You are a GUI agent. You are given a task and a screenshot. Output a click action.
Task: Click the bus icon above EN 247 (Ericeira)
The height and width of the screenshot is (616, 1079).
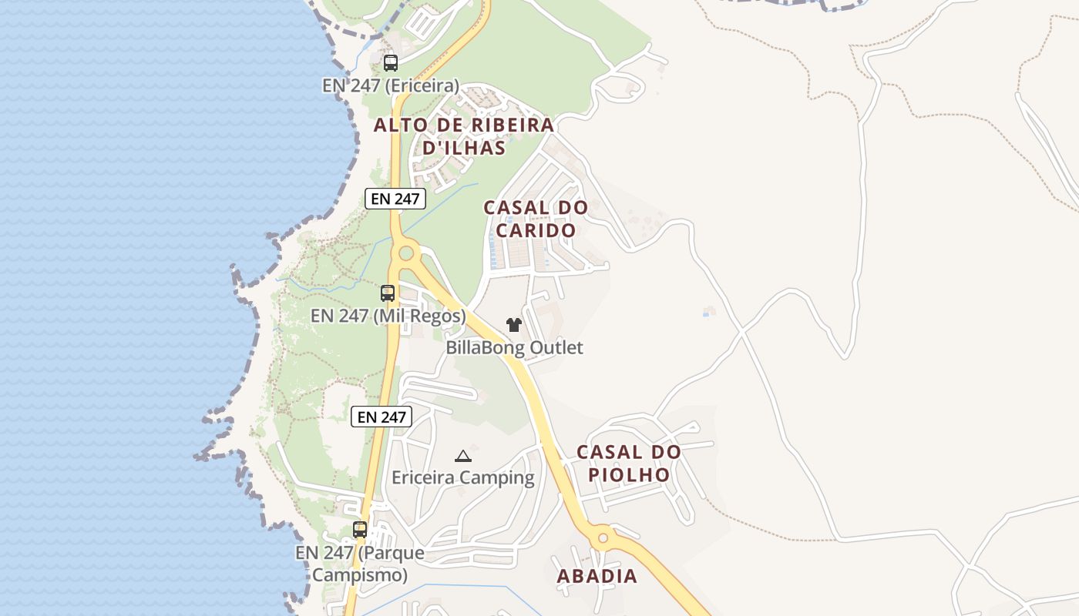(391, 63)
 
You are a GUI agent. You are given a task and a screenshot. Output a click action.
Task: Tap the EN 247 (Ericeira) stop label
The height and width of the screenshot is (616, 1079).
(391, 85)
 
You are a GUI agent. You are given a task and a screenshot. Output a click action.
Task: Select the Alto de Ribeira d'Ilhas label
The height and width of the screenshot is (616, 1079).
(464, 136)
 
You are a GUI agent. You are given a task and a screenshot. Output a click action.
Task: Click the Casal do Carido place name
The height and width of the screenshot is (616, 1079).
(536, 219)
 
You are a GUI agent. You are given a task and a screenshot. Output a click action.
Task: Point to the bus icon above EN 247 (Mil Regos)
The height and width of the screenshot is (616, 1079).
(388, 293)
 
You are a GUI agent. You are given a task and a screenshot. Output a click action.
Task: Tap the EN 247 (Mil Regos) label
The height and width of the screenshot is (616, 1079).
(388, 316)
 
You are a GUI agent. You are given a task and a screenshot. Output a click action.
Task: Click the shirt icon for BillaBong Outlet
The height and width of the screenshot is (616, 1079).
(514, 325)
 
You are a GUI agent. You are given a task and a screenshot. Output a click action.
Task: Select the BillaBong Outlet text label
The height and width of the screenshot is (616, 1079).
(514, 348)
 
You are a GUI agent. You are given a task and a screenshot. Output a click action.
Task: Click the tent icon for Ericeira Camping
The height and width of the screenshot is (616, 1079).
(462, 456)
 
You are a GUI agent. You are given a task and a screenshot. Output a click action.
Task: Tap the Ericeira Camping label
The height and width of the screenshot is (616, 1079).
(462, 478)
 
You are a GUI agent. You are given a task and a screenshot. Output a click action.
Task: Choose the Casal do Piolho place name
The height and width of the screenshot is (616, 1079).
(629, 463)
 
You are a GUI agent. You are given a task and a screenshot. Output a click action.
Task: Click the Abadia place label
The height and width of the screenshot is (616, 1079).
(597, 576)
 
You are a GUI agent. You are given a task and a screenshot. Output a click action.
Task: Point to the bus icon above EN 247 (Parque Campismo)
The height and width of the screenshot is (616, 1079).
(360, 530)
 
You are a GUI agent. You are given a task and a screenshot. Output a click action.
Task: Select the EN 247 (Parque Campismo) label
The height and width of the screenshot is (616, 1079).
(360, 564)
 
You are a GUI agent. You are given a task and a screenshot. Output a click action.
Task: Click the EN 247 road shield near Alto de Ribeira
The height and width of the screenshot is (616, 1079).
(395, 199)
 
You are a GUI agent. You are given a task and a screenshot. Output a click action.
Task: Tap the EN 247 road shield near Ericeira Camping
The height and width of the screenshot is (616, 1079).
(382, 417)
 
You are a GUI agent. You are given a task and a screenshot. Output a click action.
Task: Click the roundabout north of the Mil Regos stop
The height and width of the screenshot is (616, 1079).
(405, 252)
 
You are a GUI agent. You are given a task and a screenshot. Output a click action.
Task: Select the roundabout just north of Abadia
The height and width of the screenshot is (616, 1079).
(603, 537)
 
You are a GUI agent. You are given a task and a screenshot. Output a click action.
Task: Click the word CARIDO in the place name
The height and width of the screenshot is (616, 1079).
(536, 230)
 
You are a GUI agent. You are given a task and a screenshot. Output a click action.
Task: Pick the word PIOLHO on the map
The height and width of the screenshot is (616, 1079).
(629, 474)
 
